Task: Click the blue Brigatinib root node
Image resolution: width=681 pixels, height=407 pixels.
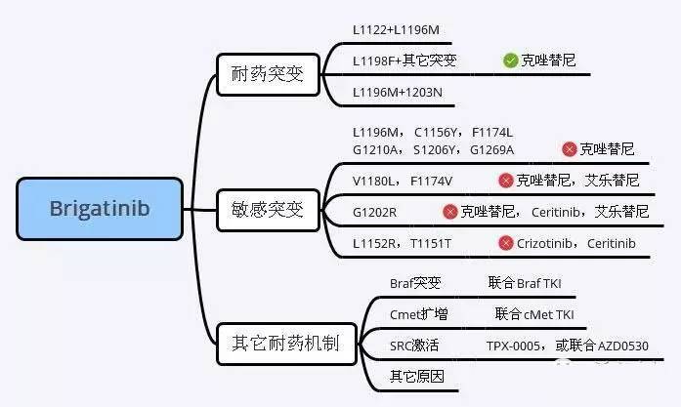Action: tap(100, 209)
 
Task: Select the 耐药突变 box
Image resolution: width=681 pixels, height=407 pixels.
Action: tap(268, 74)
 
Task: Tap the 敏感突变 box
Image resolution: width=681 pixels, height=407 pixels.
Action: tap(268, 210)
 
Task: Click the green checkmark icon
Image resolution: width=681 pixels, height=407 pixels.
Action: tap(510, 61)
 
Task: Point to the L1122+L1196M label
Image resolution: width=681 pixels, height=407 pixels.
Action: tap(396, 30)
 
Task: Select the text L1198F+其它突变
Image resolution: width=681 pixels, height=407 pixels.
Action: tap(404, 61)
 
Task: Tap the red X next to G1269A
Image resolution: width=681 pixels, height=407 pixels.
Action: tap(569, 149)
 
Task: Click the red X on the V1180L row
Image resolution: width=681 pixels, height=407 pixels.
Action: tap(505, 181)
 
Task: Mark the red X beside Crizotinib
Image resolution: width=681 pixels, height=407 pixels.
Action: tap(505, 242)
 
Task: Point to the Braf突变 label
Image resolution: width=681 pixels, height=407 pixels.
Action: tap(415, 284)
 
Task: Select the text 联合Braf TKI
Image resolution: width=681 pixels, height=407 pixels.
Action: tap(525, 284)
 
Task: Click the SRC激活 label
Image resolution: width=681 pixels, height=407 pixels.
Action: tap(414, 346)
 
